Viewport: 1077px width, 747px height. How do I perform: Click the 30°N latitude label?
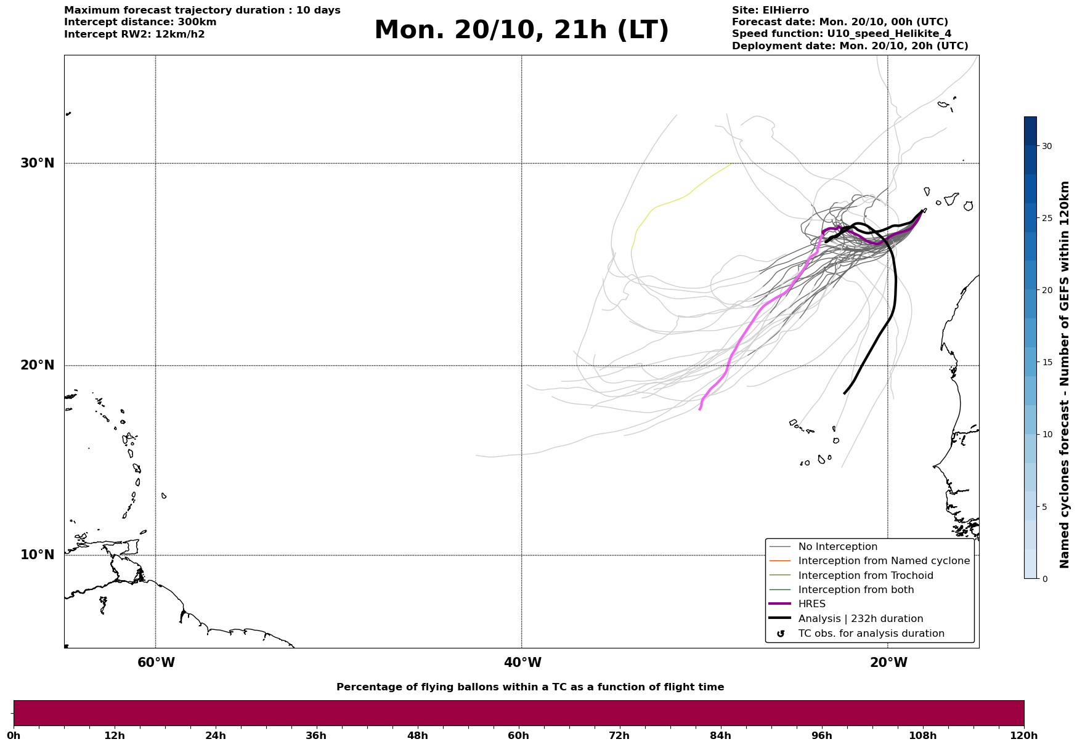(37, 163)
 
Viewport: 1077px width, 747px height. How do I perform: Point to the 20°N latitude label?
(37, 365)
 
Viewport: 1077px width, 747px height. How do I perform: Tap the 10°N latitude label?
(37, 555)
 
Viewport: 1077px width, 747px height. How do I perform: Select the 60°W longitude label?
(156, 663)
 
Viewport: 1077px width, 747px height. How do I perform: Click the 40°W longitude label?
(522, 663)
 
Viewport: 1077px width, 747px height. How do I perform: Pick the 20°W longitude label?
(888, 663)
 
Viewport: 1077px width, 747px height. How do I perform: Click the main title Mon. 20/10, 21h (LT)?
(521, 30)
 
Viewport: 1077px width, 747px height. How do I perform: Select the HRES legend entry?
(811, 604)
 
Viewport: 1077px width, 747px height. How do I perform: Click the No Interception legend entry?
(837, 547)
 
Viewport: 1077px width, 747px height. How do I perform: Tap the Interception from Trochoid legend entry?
(865, 576)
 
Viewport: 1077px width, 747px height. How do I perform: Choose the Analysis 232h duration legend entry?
(860, 619)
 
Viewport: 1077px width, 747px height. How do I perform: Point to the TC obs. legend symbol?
(781, 634)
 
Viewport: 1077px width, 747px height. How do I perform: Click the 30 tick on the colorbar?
(1047, 146)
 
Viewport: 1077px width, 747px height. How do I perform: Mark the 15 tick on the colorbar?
(1047, 362)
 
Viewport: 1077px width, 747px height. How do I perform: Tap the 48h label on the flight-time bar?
(417, 735)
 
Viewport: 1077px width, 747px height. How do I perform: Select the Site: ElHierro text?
(770, 10)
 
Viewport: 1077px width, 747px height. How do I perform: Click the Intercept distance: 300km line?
(140, 22)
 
